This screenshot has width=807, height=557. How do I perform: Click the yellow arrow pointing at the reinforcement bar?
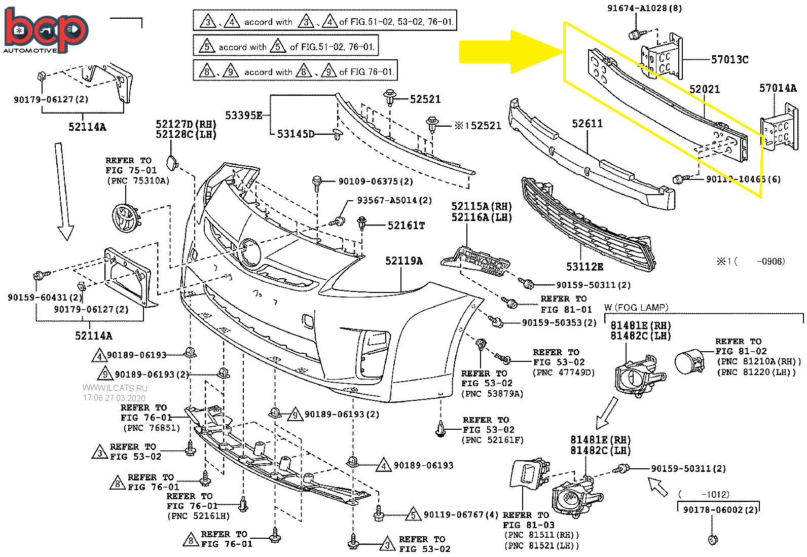pos(509,52)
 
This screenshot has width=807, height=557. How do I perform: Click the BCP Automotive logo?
pos(46,30)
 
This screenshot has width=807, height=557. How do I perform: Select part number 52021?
pos(704,89)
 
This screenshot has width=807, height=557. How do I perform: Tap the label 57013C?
pos(729,60)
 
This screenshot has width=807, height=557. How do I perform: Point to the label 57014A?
pos(778,88)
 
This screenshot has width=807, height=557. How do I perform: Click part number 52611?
pos(587,124)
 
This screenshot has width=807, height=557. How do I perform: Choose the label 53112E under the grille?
pos(584,267)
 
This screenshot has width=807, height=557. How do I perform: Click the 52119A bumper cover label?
pos(403,261)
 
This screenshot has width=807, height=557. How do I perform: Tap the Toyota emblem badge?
pos(125,217)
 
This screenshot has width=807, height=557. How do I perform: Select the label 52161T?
pos(406,226)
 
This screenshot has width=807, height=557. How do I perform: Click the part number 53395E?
pos(244,116)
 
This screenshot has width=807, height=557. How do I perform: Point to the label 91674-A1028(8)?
pos(644,8)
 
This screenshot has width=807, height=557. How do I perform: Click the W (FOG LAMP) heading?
pos(636,308)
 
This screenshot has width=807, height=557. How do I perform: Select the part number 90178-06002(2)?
pos(720,510)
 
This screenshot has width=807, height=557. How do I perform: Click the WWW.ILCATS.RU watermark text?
pos(115,388)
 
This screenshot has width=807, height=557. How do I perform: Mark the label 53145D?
pos(296,134)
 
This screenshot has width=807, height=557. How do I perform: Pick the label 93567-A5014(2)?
pos(394,201)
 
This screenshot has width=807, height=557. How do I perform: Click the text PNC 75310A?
pos(138,181)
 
